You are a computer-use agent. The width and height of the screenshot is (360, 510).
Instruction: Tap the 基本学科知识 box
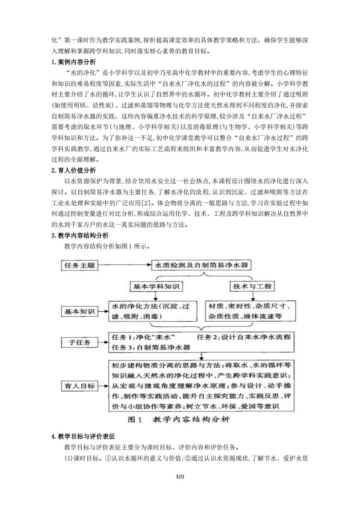coord(156,287)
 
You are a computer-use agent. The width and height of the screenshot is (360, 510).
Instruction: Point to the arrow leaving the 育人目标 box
coord(103,386)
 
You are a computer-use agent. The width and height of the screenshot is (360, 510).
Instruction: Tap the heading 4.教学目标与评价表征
coord(83,436)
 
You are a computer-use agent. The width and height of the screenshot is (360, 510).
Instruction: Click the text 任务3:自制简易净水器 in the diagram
coord(151,347)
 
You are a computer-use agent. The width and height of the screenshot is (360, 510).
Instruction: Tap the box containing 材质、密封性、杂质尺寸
coord(251,311)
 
